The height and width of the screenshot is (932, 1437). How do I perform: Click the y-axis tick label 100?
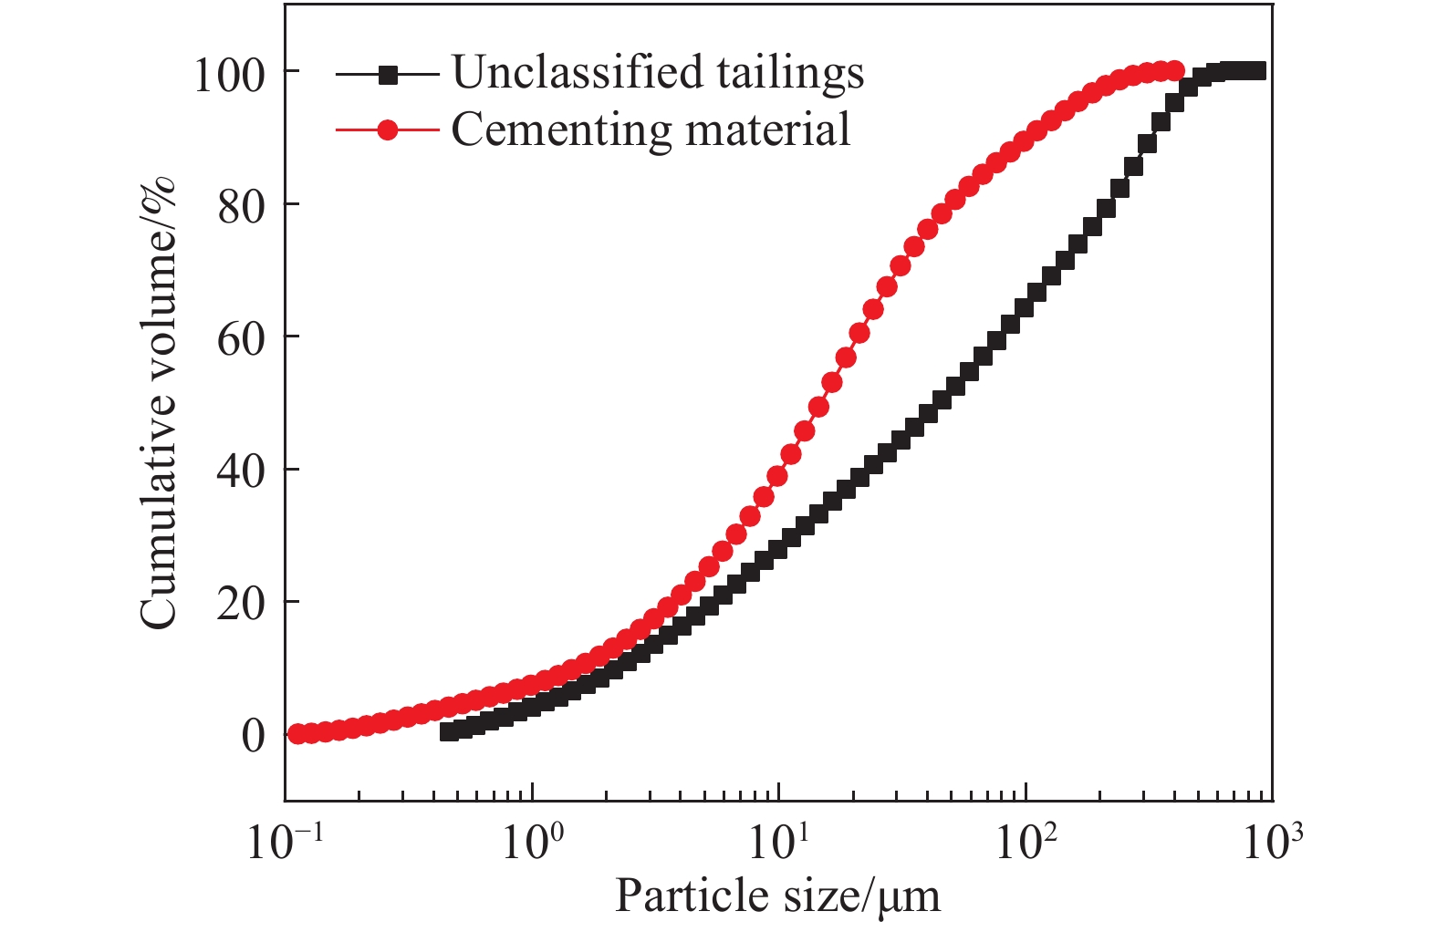tap(227, 74)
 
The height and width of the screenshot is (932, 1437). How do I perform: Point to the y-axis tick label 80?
tap(241, 206)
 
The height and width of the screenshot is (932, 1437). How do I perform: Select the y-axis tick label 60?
tap(241, 338)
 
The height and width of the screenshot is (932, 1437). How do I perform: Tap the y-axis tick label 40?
tap(241, 471)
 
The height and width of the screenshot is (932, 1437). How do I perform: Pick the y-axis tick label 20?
tap(241, 604)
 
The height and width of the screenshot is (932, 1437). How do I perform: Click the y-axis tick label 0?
tap(253, 736)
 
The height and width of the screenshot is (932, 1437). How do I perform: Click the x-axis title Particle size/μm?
tap(777, 896)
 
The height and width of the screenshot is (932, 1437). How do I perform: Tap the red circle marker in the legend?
tap(388, 129)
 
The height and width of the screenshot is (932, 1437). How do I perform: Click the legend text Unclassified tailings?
tap(658, 73)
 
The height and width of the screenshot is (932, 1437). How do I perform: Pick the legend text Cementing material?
tap(651, 129)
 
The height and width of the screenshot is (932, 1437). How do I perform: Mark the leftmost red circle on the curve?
tap(297, 733)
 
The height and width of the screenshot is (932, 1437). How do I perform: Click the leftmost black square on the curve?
tap(448, 731)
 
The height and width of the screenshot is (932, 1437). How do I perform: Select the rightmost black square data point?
tap(1257, 71)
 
